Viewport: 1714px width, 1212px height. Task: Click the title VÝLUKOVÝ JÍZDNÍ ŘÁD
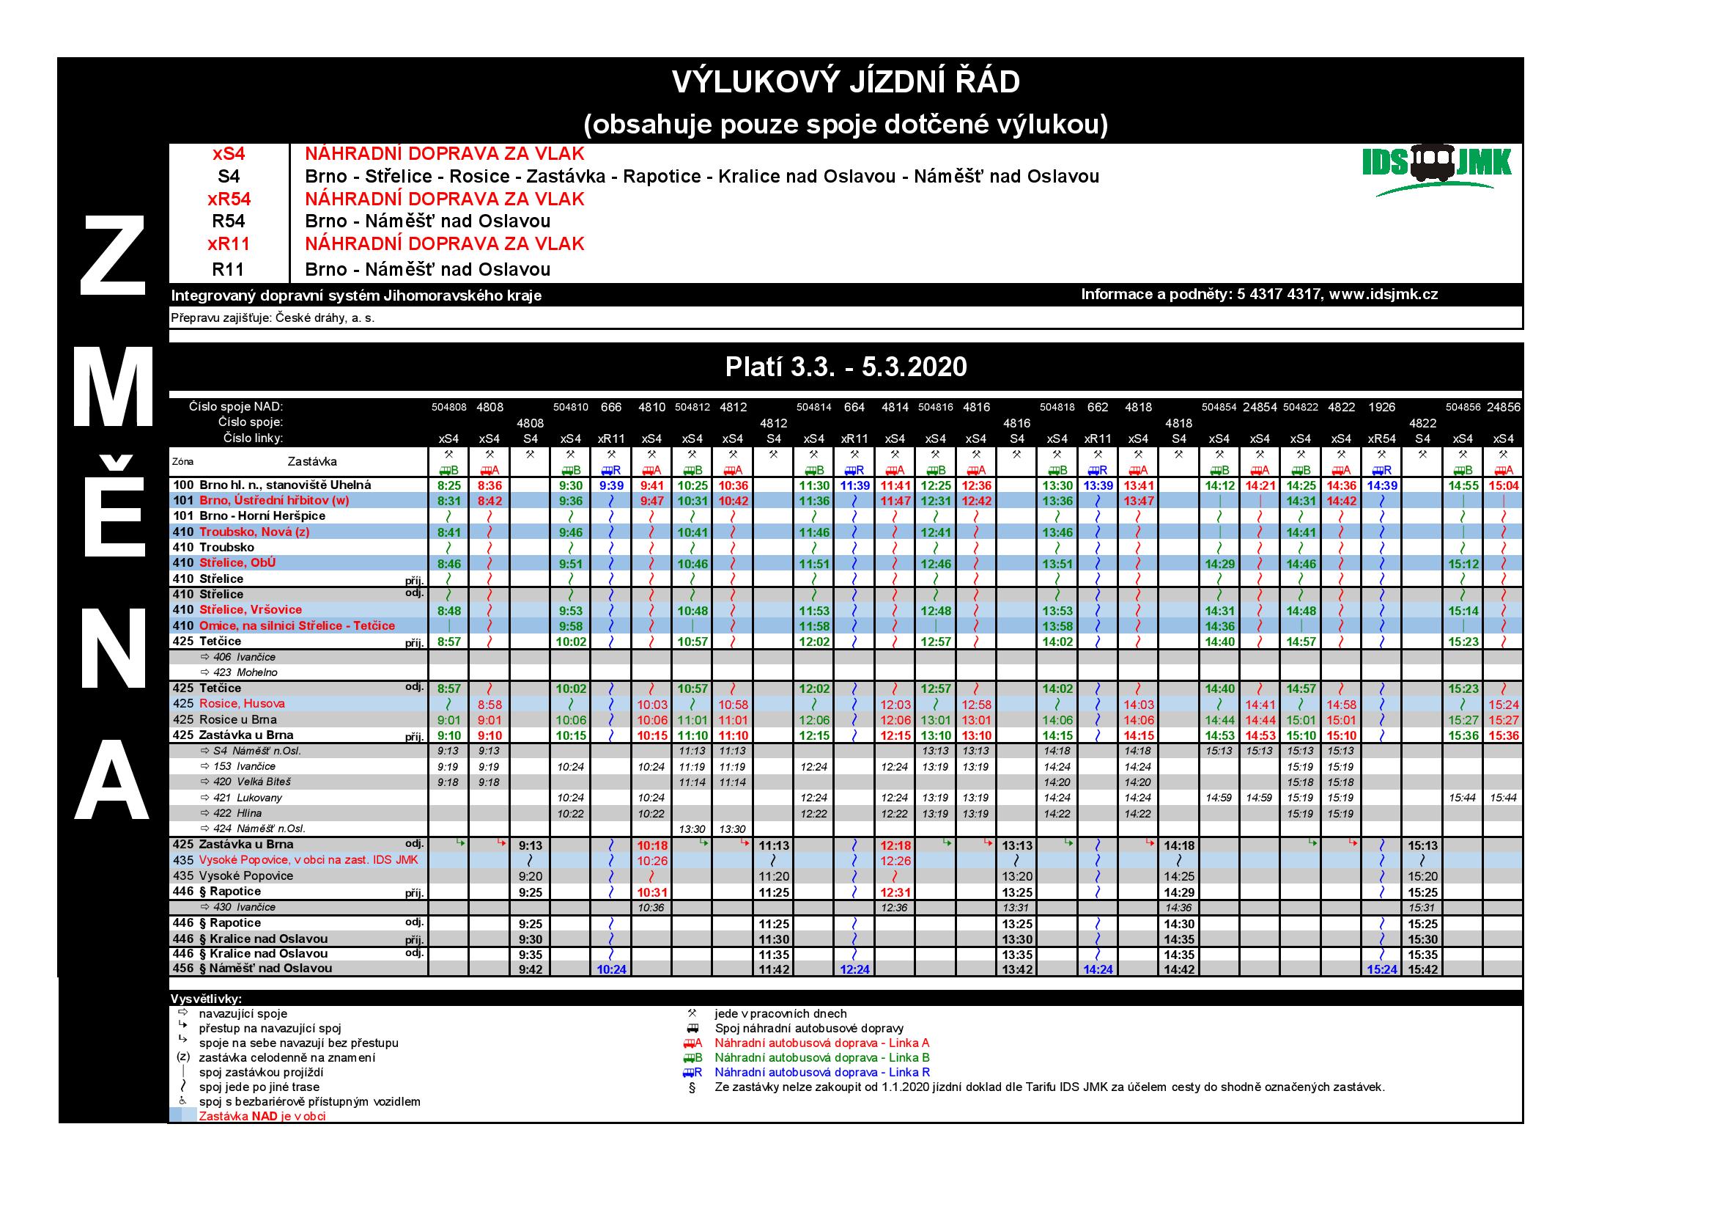click(x=845, y=82)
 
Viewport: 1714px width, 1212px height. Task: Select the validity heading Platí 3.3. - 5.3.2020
click(x=846, y=367)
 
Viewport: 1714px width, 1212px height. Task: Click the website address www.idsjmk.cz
click(x=1384, y=294)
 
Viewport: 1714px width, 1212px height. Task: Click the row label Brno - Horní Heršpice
click(x=262, y=516)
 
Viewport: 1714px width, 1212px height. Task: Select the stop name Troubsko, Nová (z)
click(x=254, y=532)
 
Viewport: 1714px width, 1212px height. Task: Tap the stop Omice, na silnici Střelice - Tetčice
click(x=296, y=625)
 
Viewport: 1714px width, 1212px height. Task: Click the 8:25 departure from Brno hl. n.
click(x=448, y=485)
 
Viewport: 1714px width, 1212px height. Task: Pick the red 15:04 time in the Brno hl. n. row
click(x=1503, y=485)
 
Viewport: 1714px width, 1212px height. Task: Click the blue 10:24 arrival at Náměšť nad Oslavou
click(x=610, y=969)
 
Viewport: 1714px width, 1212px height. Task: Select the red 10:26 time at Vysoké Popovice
click(x=651, y=861)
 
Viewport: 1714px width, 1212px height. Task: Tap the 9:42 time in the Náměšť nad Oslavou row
click(x=530, y=969)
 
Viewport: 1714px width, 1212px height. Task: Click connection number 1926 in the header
click(x=1382, y=407)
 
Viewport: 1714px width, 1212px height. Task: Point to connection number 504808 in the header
click(x=448, y=408)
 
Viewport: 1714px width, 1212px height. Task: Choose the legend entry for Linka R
click(x=822, y=1073)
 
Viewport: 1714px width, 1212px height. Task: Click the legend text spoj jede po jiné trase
click(x=259, y=1087)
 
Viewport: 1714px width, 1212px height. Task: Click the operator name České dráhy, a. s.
click(x=325, y=318)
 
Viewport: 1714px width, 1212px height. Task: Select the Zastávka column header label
click(x=312, y=461)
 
